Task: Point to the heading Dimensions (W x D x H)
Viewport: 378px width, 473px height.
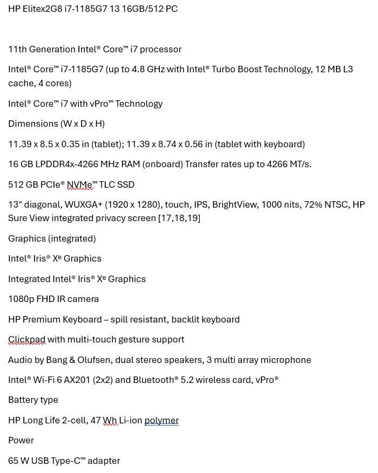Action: (56, 124)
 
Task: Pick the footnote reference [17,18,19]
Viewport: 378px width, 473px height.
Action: (179, 218)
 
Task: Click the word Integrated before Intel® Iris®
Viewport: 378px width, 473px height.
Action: (29, 279)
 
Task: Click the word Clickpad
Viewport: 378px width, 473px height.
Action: (26, 340)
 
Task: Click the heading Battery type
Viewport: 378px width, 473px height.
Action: (33, 400)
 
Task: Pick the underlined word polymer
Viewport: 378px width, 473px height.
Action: (161, 421)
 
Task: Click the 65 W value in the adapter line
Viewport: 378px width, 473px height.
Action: (18, 461)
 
